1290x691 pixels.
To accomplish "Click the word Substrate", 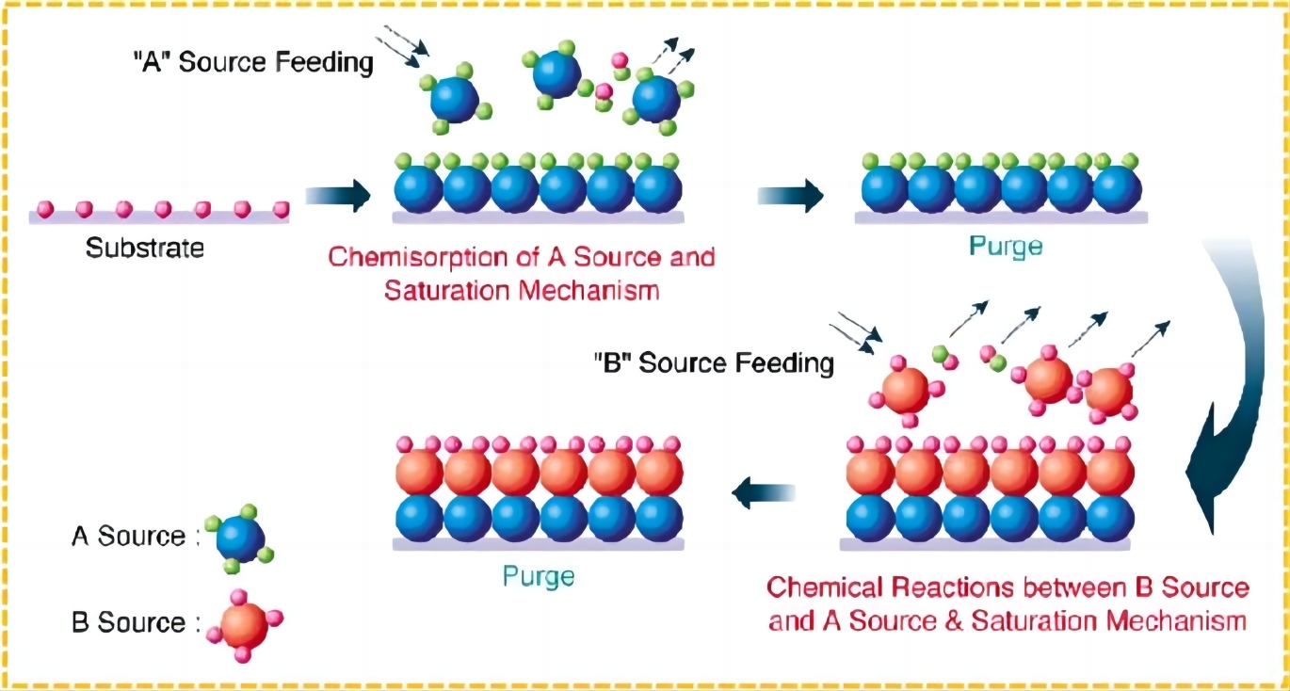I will point(145,249).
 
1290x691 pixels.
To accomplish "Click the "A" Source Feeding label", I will point(252,65).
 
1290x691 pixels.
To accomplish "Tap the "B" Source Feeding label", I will point(713,362).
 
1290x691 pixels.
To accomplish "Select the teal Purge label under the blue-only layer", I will point(1007,247).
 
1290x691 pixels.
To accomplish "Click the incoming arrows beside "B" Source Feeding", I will point(857,335).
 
